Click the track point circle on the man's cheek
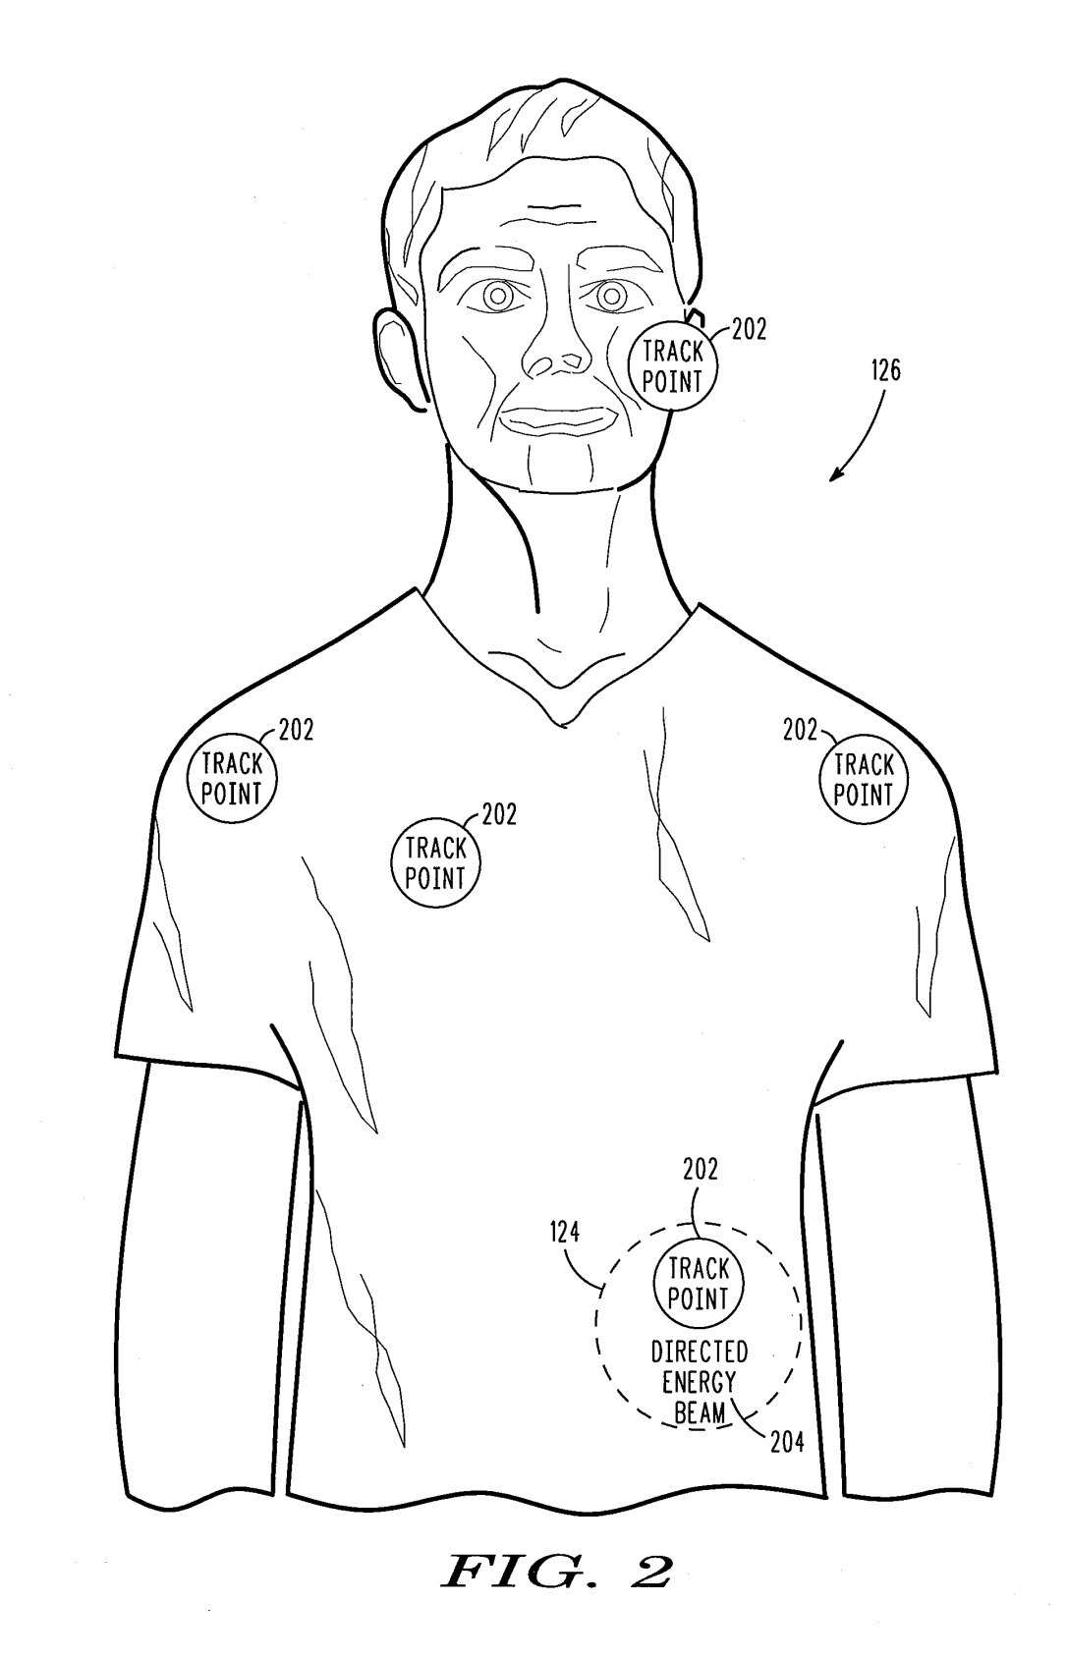(x=673, y=365)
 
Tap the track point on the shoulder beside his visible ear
(x=232, y=778)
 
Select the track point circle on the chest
(x=435, y=863)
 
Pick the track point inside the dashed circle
(x=699, y=1284)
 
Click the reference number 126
(x=884, y=371)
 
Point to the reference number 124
(x=564, y=1232)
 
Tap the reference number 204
(x=788, y=1442)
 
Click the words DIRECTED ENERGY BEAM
(x=699, y=1382)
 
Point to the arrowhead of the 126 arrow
(x=833, y=478)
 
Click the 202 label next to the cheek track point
(x=749, y=330)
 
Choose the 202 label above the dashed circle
(x=701, y=1169)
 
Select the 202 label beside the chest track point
(x=498, y=814)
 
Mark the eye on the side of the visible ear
(x=497, y=295)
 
